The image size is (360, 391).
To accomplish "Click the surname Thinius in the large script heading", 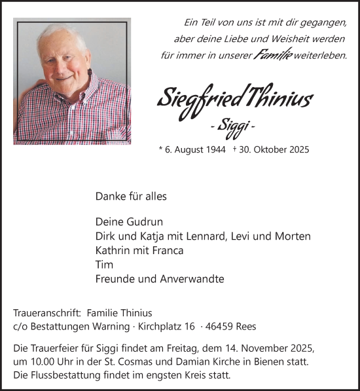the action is coord(278,99).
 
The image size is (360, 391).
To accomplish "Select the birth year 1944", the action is coord(215,149).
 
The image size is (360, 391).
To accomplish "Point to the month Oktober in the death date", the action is coord(269,149).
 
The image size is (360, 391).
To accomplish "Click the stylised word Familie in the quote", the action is coord(255,56).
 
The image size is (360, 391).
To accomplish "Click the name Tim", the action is coord(104,265).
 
